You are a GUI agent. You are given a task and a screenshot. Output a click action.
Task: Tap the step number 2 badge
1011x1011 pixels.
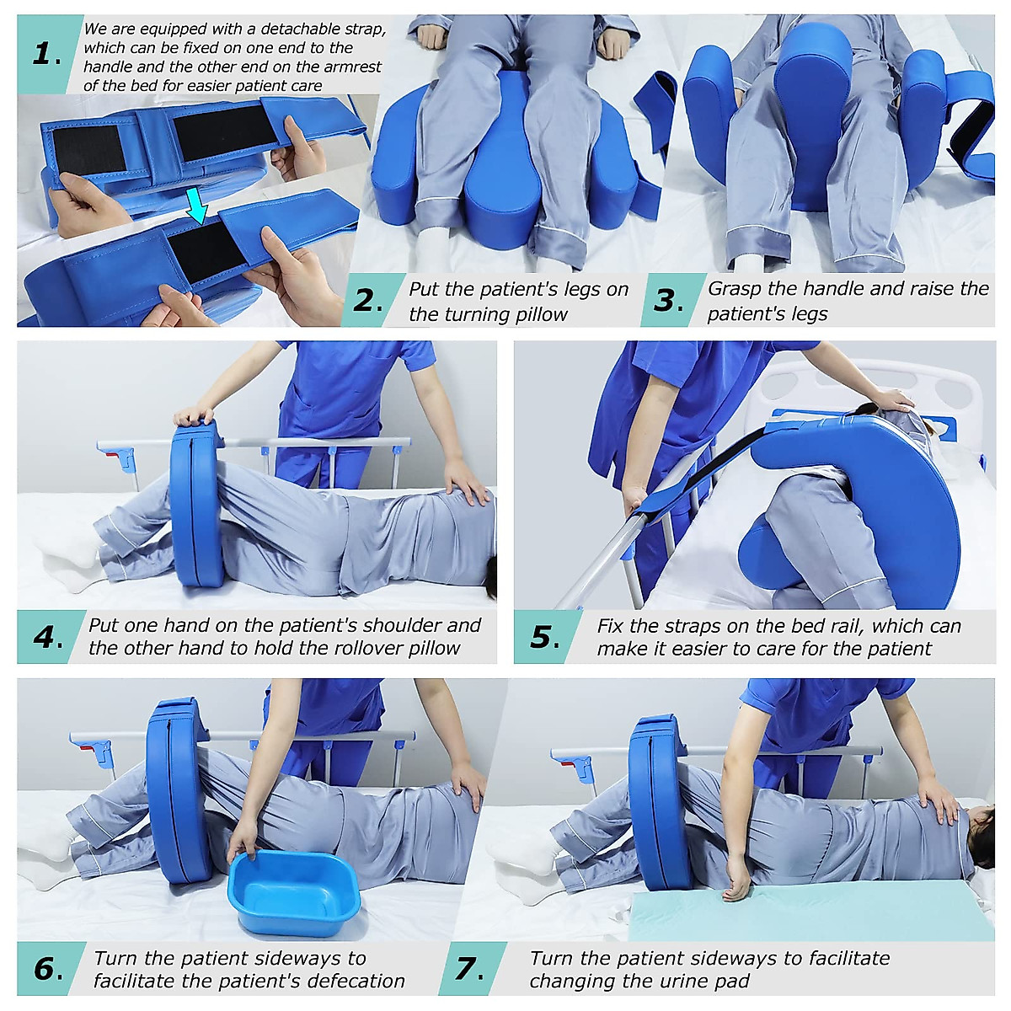click(368, 301)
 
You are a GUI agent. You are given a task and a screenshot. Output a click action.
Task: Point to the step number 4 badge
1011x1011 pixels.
click(47, 637)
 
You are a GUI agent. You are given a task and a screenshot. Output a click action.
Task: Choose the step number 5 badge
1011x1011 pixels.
click(544, 637)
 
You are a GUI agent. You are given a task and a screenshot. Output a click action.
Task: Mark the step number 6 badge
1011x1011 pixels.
click(47, 969)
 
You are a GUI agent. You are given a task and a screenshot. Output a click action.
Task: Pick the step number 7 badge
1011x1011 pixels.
click(469, 969)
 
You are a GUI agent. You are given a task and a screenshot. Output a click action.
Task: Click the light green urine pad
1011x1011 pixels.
click(809, 914)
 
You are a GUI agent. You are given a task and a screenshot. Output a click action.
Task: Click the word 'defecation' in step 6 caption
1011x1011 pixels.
click(356, 982)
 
